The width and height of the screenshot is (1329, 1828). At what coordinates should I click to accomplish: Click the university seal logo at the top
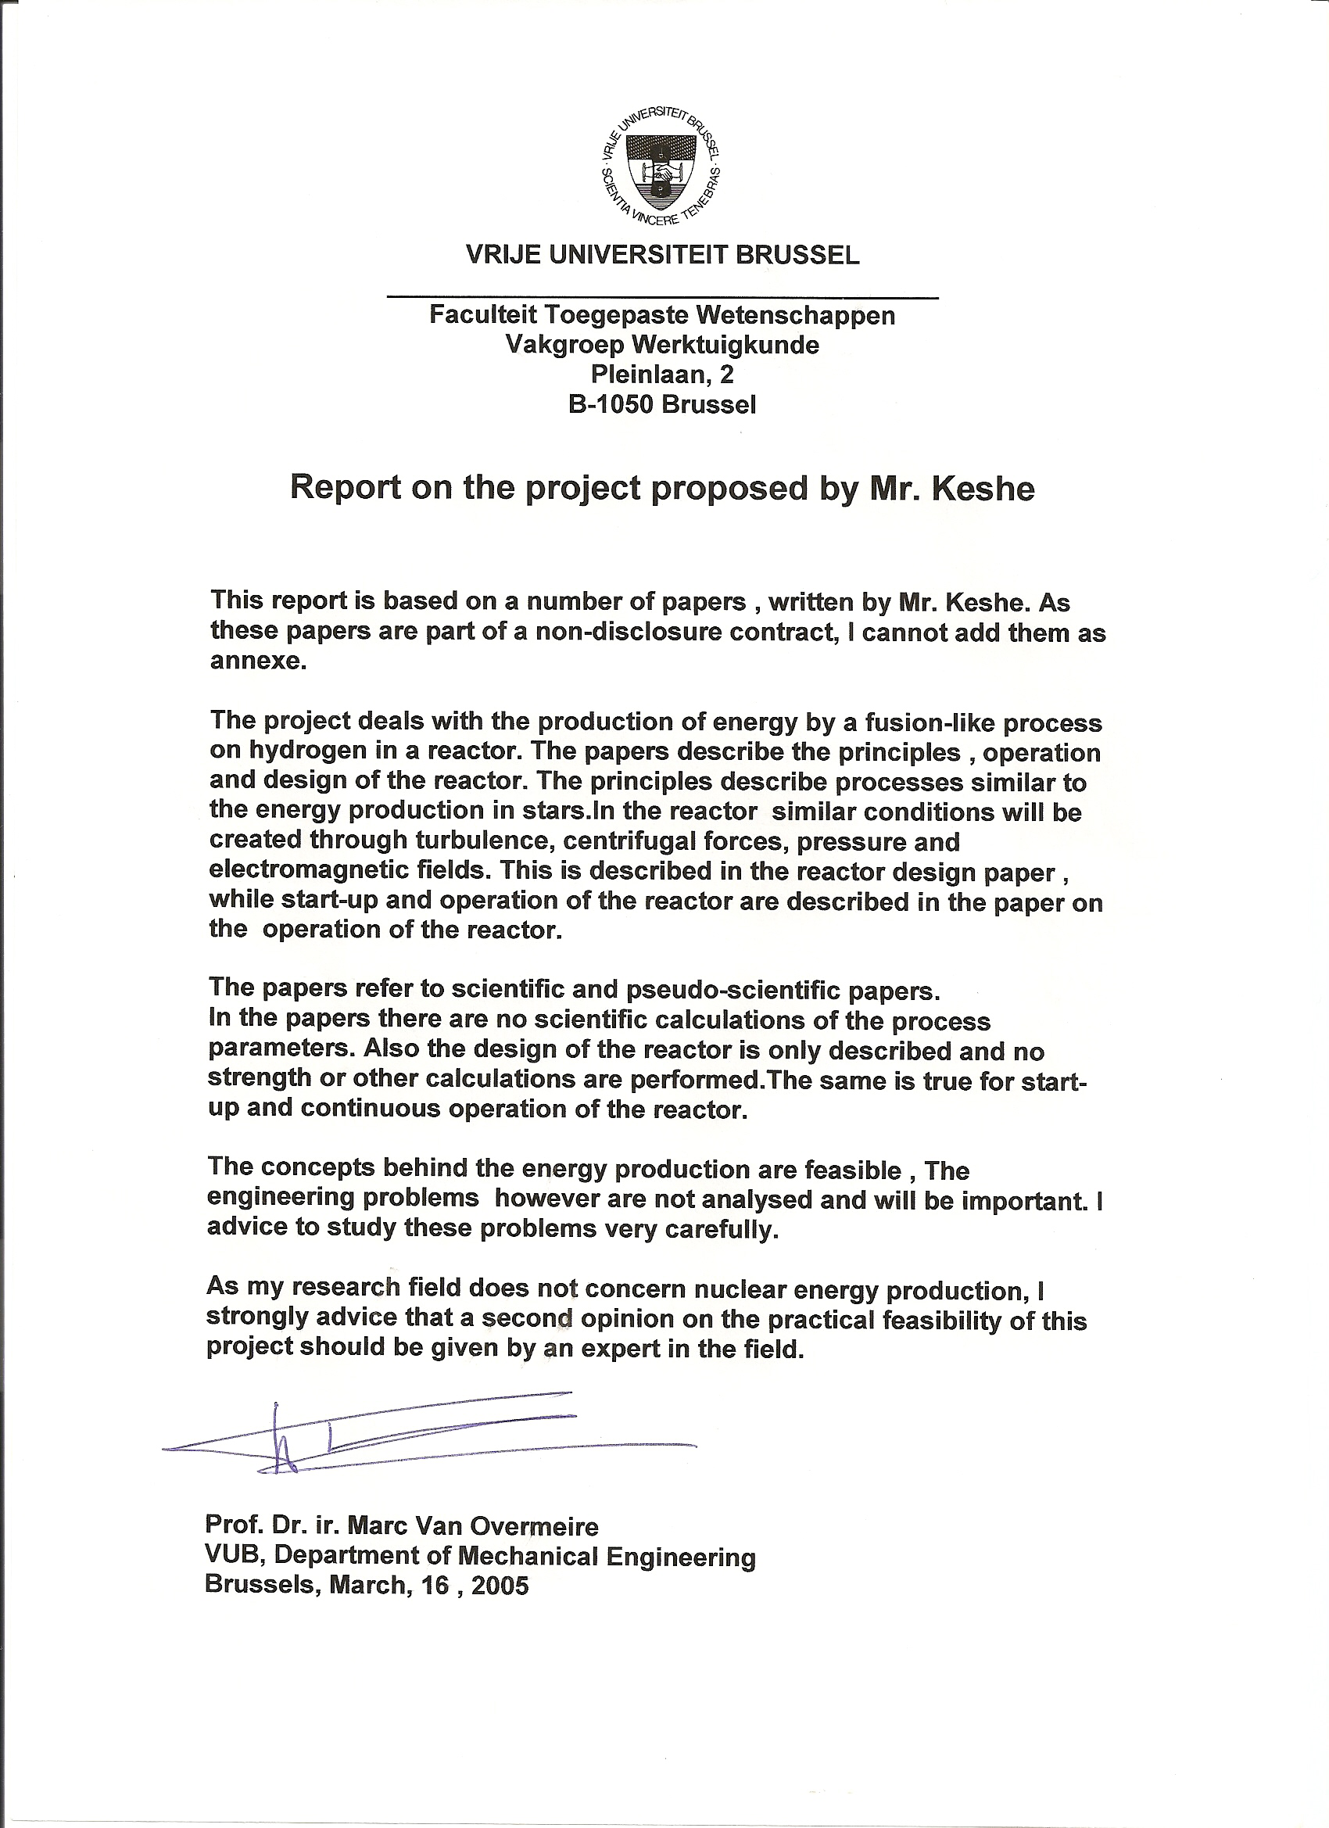pyautogui.click(x=661, y=165)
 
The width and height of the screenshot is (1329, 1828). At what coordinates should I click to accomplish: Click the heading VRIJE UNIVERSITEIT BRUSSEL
pyautogui.click(x=662, y=256)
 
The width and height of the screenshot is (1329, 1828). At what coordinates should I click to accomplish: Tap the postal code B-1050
pyautogui.click(x=611, y=403)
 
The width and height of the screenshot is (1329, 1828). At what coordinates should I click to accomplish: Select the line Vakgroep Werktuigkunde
pyautogui.click(x=661, y=345)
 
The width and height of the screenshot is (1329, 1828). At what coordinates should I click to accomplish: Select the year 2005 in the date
pyautogui.click(x=500, y=1586)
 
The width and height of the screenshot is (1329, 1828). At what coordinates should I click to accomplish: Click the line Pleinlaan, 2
pyautogui.click(x=661, y=374)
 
